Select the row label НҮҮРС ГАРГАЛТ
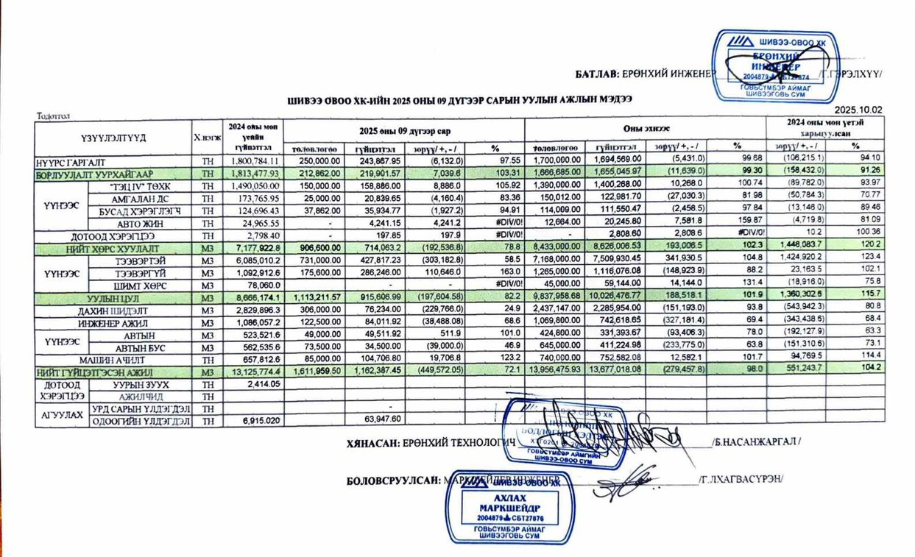(70, 160)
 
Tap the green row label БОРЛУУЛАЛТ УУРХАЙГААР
(87, 174)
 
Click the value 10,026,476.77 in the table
(617, 298)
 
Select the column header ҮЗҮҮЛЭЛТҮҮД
(113, 137)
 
